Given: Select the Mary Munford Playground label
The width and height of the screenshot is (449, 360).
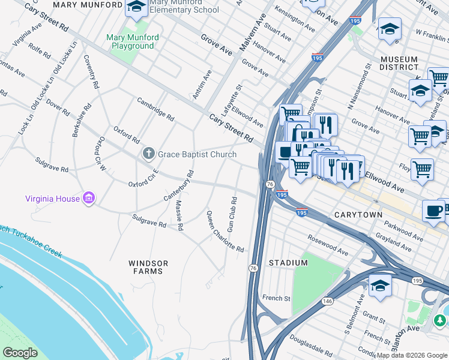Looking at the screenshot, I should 132,41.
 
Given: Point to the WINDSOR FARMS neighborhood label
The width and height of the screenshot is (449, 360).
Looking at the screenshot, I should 148,267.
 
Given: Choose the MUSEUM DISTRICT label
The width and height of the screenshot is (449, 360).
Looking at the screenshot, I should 399,64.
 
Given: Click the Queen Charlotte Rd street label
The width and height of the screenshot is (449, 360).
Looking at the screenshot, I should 225,231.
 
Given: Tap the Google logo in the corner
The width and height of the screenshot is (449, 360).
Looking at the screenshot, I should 20,353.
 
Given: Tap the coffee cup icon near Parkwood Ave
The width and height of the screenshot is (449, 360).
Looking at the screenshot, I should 434,212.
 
